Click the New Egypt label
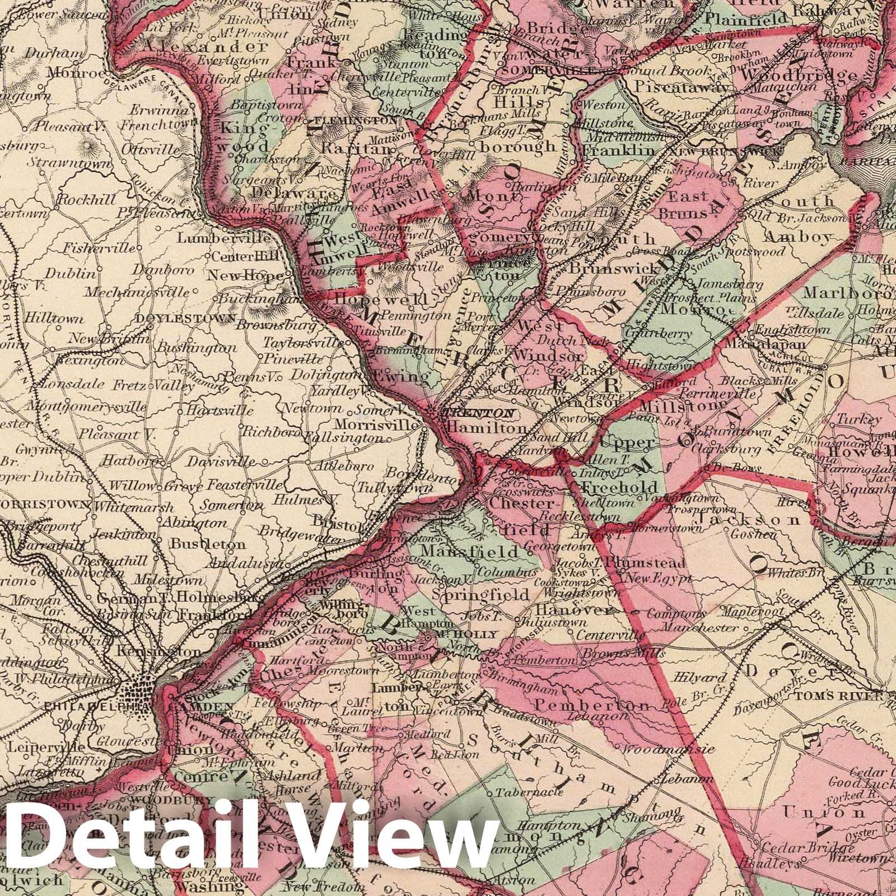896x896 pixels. point(657,579)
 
